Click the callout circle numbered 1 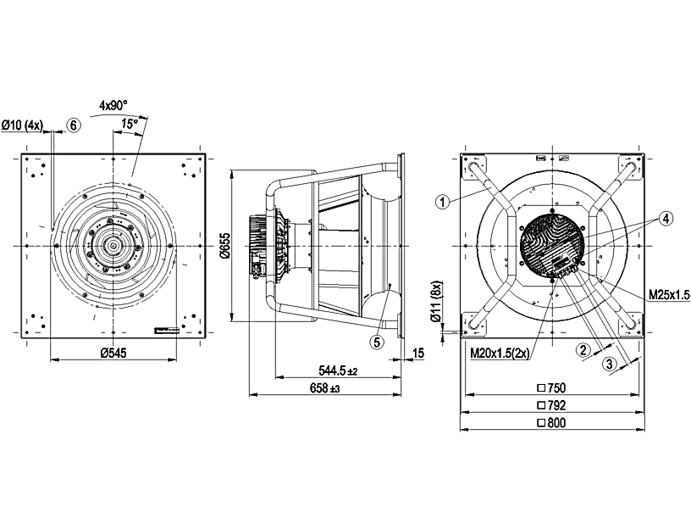pyautogui.click(x=441, y=201)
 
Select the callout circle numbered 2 pyautogui.click(x=583, y=348)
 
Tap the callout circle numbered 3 pyautogui.click(x=607, y=364)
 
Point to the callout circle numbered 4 pyautogui.click(x=667, y=218)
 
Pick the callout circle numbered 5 pyautogui.click(x=377, y=342)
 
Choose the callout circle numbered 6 pyautogui.click(x=74, y=125)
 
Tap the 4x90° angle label pyautogui.click(x=113, y=105)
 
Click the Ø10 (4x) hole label pyautogui.click(x=22, y=125)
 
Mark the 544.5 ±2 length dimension pyautogui.click(x=338, y=370)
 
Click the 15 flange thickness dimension pyautogui.click(x=417, y=354)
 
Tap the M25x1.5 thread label pyautogui.click(x=670, y=294)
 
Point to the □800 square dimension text pyautogui.click(x=551, y=423)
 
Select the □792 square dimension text pyautogui.click(x=551, y=405)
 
